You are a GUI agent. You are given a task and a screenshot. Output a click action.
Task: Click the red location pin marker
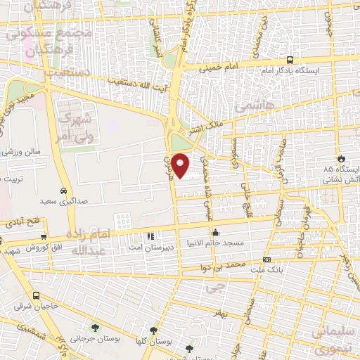pos(181,165)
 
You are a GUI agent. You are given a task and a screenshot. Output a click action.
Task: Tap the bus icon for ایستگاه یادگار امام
pos(290,60)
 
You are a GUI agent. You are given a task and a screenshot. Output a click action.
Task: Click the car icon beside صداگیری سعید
pos(64,191)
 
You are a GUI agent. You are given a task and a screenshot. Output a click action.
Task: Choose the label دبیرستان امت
pos(149,247)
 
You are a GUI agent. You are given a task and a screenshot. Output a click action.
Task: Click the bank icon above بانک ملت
pos(266,260)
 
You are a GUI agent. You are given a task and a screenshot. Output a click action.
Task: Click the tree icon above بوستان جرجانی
pos(94,327)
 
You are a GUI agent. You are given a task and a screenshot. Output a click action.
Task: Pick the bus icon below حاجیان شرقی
pos(36,296)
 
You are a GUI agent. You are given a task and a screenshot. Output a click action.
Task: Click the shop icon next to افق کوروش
pos(44,237)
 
